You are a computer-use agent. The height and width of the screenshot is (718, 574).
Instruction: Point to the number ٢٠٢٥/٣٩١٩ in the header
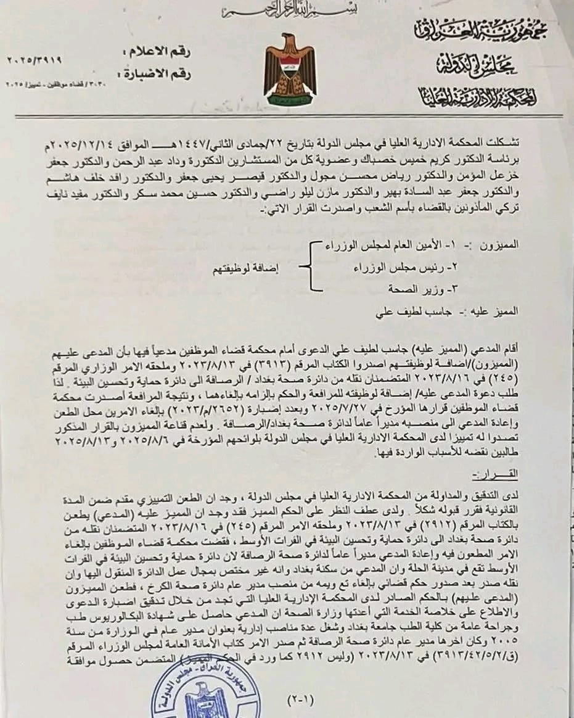[35, 60]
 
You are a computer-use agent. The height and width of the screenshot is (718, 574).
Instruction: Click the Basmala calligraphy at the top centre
[287, 10]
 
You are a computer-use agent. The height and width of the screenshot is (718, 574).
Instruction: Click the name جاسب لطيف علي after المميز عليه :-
[402, 312]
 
